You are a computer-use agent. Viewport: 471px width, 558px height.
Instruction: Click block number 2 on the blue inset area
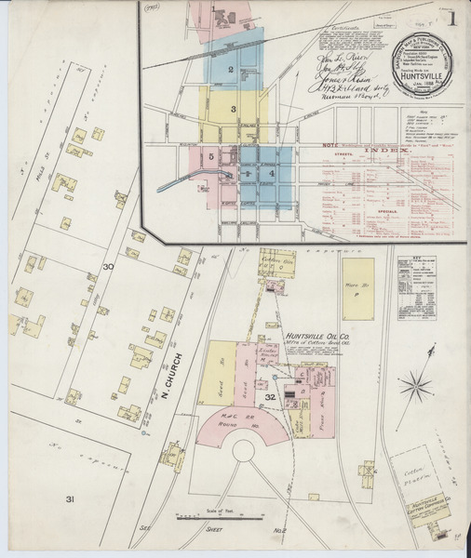pyautogui.click(x=230, y=70)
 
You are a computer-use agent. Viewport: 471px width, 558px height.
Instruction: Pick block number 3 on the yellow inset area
pyautogui.click(x=235, y=110)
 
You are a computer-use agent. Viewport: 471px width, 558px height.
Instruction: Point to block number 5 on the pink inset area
pyautogui.click(x=212, y=157)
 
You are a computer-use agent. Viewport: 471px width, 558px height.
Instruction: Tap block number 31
pyautogui.click(x=68, y=500)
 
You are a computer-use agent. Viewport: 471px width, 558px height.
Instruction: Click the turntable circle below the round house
pyautogui.click(x=245, y=453)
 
